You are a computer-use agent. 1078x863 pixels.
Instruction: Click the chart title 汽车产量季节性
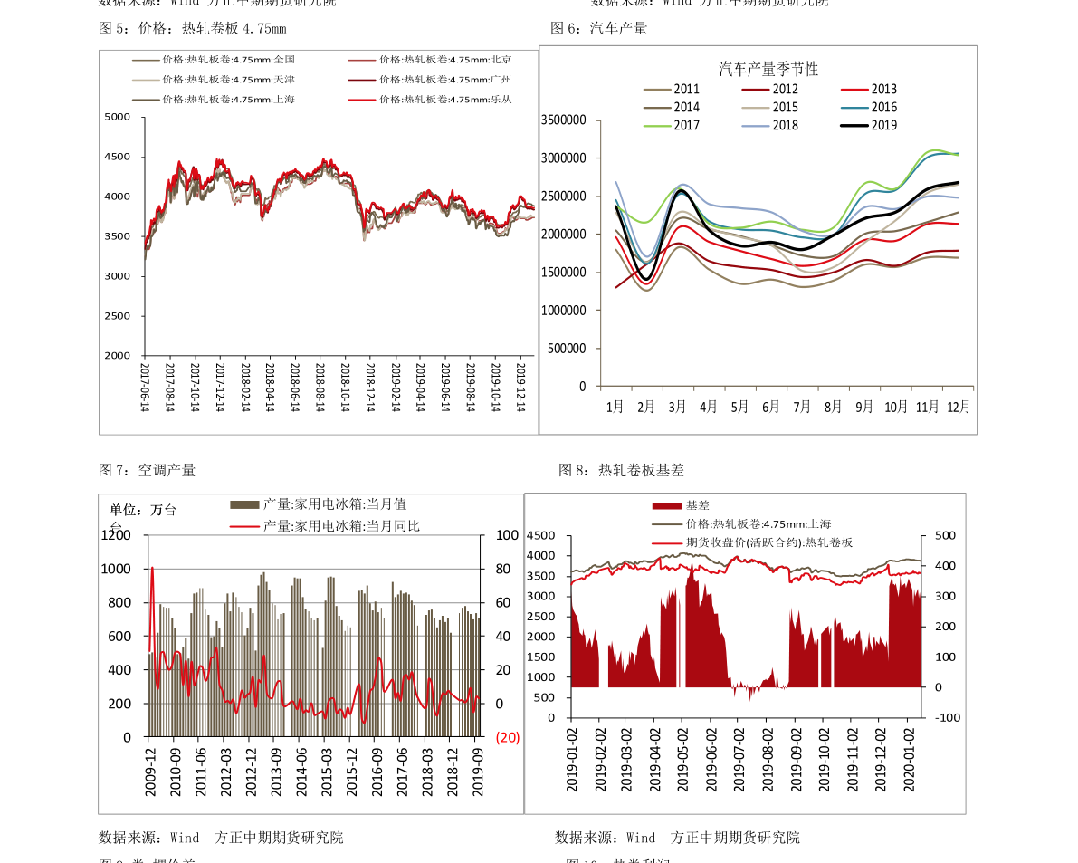[768, 69]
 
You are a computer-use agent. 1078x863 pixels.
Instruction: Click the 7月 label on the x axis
[802, 407]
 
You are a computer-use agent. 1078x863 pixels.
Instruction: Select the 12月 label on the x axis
[958, 407]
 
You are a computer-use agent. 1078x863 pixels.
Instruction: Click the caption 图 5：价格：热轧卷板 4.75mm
[192, 28]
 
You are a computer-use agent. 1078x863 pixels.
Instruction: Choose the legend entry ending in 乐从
[445, 100]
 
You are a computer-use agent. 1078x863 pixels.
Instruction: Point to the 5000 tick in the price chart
[118, 117]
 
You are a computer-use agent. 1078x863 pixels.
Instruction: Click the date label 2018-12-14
[369, 388]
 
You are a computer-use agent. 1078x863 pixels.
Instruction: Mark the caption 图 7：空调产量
[147, 470]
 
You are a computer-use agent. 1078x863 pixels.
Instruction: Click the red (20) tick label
[508, 737]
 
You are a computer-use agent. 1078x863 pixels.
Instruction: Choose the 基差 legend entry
[697, 505]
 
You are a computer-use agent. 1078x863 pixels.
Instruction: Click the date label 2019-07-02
[739, 759]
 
